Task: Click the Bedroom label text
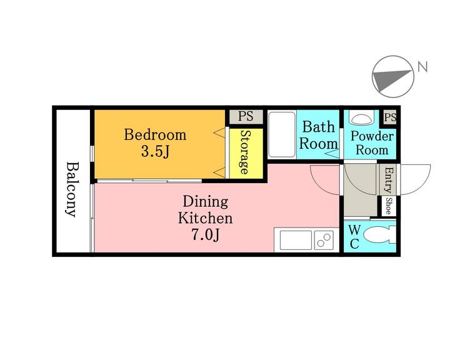click(x=155, y=135)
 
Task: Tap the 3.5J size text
click(x=155, y=151)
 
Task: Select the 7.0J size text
click(x=206, y=235)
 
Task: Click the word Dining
click(x=206, y=202)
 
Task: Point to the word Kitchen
click(x=206, y=218)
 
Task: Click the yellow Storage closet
click(x=246, y=153)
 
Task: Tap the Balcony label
click(x=73, y=189)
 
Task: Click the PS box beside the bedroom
click(x=246, y=116)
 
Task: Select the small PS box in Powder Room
click(x=390, y=117)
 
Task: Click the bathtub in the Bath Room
click(x=282, y=134)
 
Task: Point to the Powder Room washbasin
click(x=361, y=117)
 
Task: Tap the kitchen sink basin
click(x=296, y=240)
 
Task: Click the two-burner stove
click(x=324, y=240)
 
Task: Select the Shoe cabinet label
click(x=388, y=206)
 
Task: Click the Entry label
click(x=388, y=180)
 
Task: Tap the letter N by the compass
click(x=422, y=67)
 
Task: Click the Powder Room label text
click(x=372, y=143)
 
